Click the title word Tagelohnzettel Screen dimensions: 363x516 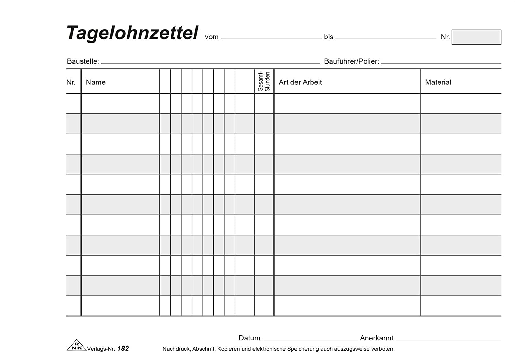(132, 33)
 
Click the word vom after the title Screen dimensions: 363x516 (212, 37)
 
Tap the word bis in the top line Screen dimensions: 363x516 (329, 37)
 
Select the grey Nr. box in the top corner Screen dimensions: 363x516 (476, 37)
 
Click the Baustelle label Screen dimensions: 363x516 (83, 61)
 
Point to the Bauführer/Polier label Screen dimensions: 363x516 (351, 61)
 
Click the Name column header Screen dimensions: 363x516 (96, 82)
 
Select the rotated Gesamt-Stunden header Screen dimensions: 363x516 (264, 81)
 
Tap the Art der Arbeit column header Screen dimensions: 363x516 (300, 82)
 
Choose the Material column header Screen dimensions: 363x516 (438, 82)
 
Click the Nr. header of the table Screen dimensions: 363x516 (71, 82)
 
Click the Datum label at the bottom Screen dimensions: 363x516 (249, 338)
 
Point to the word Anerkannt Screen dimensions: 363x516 (377, 338)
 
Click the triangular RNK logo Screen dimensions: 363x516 (75, 346)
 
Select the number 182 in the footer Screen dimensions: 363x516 (123, 349)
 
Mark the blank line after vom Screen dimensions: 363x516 (271, 39)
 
